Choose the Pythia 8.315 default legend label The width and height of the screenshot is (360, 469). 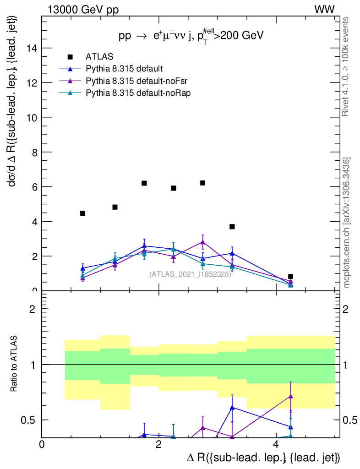[x=124, y=69]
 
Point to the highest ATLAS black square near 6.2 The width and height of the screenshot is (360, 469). [x=202, y=183]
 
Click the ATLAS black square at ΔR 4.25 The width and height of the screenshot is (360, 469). [x=290, y=276]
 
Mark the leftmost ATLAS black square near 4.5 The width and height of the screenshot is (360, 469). [x=82, y=213]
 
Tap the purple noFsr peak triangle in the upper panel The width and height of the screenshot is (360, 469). [x=202, y=241]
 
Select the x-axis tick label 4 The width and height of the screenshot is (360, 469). [x=275, y=444]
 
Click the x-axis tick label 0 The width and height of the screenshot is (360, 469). [x=42, y=444]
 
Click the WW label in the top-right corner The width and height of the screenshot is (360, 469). [x=324, y=9]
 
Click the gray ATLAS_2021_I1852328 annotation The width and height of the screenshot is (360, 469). [x=190, y=274]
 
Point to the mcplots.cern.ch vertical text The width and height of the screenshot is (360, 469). [x=347, y=223]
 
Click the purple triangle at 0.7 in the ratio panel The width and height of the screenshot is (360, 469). [x=290, y=396]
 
